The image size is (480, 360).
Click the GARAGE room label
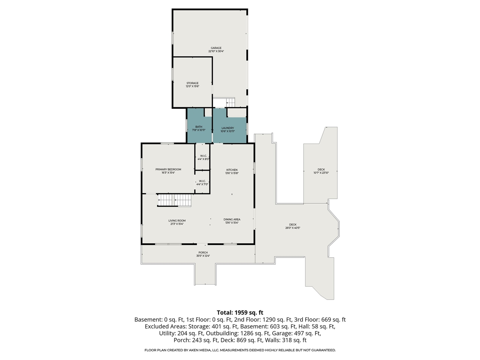(216, 48)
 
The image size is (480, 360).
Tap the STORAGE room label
(192, 83)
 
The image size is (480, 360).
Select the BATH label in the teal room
(199, 127)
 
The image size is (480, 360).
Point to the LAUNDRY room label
(228, 128)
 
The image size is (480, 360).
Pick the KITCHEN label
(232, 170)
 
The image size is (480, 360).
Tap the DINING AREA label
(232, 219)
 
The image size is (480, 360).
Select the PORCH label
(203, 253)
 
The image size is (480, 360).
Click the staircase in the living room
(174, 201)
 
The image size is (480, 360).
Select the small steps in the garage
(230, 102)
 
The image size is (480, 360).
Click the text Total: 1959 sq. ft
(240, 312)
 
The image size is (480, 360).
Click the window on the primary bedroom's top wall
(167, 143)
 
